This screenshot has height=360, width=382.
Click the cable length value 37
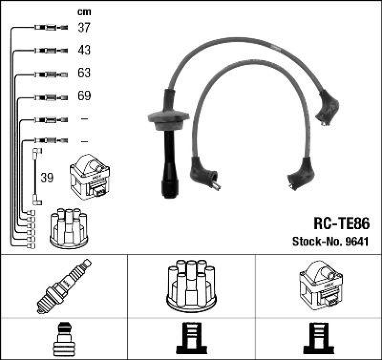pyautogui.click(x=84, y=28)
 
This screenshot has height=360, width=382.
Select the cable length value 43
pyautogui.click(x=84, y=50)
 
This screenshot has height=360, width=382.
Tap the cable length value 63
pyautogui.click(x=84, y=74)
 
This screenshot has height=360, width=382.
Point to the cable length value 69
pyautogui.click(x=84, y=96)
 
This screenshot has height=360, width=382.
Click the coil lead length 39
pyautogui.click(x=47, y=178)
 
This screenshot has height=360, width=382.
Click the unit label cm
pyautogui.click(x=84, y=12)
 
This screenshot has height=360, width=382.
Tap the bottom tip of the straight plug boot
pyautogui.click(x=168, y=194)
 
